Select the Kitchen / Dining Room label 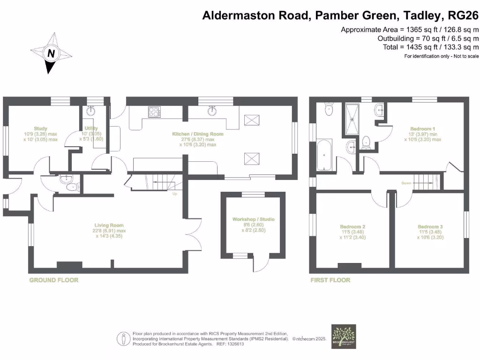pos(203,134)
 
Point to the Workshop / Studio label pos(254,219)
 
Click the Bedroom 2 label pos(352,227)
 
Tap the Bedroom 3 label pos(430,227)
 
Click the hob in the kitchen pos(154,112)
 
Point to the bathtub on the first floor pos(323,154)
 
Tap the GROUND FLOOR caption pos(54,280)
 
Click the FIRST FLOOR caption pos(330,280)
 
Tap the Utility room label pos(90,128)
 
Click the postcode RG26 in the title pos(464,15)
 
